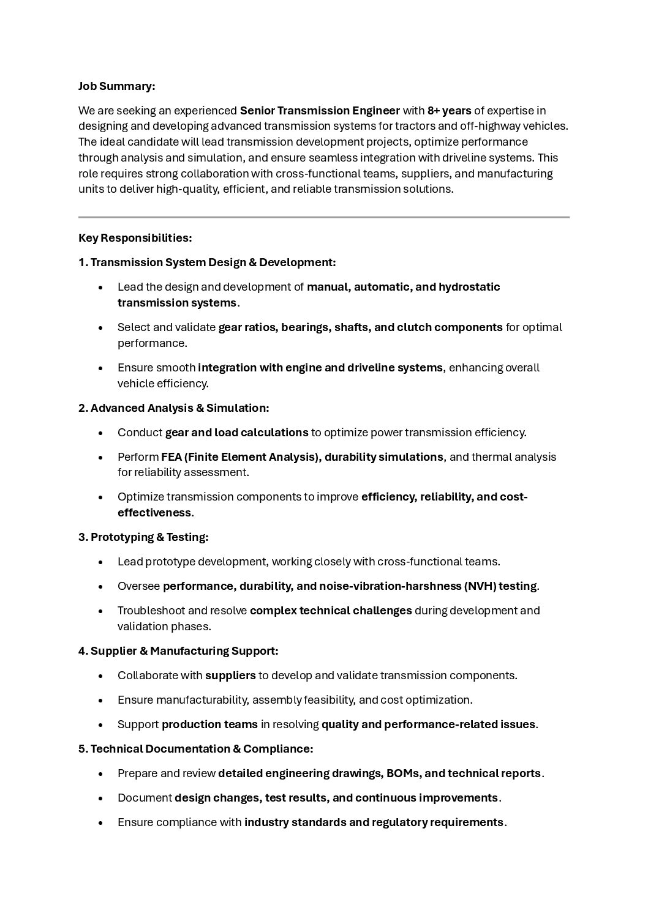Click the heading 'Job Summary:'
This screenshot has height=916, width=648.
pos(116,86)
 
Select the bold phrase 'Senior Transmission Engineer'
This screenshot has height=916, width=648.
pos(320,111)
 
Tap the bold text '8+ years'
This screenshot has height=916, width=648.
pos(449,111)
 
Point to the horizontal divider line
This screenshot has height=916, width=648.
pos(323,217)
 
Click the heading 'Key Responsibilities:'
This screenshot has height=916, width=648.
pos(135,237)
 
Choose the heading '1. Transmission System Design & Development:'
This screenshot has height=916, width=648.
pos(207,263)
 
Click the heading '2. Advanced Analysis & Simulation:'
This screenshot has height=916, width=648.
pos(173,408)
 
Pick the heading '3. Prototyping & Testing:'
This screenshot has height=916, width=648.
pos(143,537)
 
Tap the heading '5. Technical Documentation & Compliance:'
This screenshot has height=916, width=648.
pos(195,748)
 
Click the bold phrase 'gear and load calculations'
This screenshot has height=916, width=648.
pos(236,433)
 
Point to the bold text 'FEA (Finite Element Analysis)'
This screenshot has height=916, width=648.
pos(240,457)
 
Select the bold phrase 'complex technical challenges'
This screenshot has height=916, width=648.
pos(331,611)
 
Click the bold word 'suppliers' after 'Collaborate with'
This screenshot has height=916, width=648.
pos(230,676)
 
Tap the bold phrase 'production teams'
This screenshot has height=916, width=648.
pos(209,724)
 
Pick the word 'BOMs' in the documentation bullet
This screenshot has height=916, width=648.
pos(402,773)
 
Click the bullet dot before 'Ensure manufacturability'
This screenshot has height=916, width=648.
pos(100,700)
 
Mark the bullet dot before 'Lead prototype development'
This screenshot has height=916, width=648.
pos(100,562)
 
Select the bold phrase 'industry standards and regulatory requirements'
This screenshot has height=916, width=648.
pos(374,822)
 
